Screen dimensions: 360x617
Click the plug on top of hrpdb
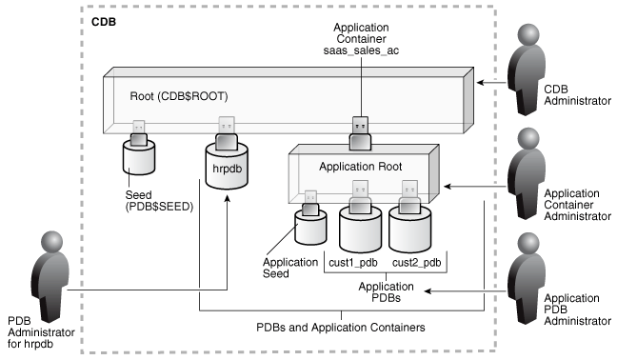pyautogui.click(x=228, y=133)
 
